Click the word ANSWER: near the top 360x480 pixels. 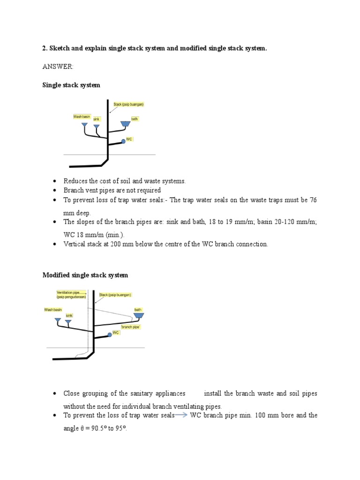[x=58, y=67]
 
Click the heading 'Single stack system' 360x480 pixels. [x=71, y=85]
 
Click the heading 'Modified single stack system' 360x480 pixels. [x=85, y=275]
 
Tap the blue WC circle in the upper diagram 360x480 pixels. [x=123, y=141]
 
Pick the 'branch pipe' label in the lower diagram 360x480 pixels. [x=131, y=327]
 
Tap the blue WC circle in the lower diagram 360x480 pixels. [x=110, y=334]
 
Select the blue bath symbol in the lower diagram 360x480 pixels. [x=139, y=316]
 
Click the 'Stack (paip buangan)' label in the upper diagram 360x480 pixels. [x=128, y=104]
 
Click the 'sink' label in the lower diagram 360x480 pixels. [x=69, y=315]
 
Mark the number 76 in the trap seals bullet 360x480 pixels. [x=313, y=200]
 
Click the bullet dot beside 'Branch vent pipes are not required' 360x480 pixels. [x=55, y=190]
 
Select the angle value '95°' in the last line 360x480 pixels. [x=120, y=428]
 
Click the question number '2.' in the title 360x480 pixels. [x=45, y=49]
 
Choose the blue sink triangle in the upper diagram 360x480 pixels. [x=97, y=127]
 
